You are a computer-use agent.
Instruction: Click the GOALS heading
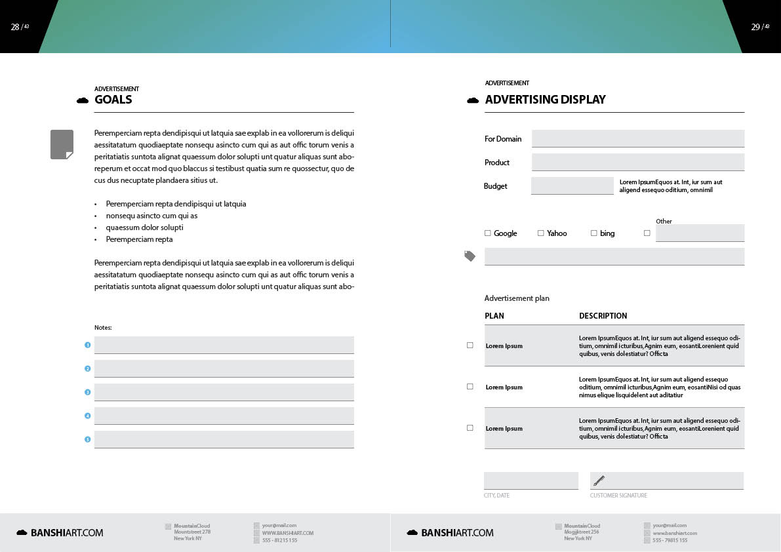[x=113, y=100]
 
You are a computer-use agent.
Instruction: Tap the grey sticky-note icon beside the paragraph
[x=62, y=144]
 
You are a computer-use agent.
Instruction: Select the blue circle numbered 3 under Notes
[x=87, y=392]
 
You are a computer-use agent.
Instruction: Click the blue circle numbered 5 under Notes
[x=87, y=439]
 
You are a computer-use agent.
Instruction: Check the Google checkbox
[x=487, y=233]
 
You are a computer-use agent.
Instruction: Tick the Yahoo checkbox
[x=540, y=233]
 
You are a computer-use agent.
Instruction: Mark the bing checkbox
[x=593, y=233]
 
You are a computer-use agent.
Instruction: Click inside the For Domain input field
[x=637, y=138]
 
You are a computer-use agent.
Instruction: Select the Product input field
[x=637, y=162]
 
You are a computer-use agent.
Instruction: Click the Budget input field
[x=572, y=186]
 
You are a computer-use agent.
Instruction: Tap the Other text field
[x=700, y=233]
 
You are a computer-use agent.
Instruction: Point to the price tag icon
[x=470, y=256]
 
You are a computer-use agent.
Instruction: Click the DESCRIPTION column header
[x=603, y=316]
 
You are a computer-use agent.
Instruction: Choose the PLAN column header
[x=494, y=316]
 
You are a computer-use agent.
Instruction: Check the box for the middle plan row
[x=470, y=387]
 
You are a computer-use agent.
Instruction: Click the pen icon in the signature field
[x=599, y=481]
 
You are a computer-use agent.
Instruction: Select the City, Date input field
[x=531, y=481]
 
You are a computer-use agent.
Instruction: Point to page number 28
[x=15, y=27]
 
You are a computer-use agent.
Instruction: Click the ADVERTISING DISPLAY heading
[x=545, y=100]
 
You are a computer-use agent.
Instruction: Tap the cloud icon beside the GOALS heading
[x=83, y=100]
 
